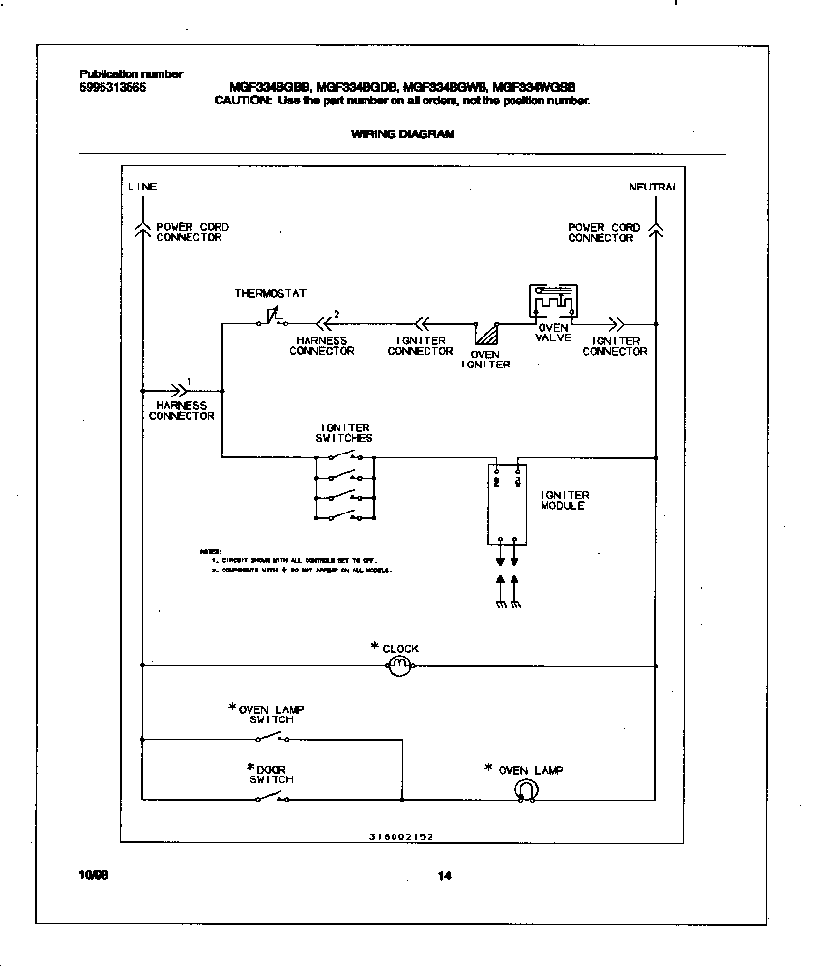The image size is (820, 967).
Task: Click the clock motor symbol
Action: [399, 665]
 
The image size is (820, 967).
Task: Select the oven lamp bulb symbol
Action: [525, 790]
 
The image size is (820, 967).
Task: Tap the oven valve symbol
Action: [551, 302]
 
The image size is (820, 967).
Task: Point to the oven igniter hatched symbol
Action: [485, 335]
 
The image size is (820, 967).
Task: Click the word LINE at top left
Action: [142, 187]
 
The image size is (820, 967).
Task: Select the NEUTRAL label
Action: [653, 187]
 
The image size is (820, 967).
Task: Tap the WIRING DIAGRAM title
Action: [402, 134]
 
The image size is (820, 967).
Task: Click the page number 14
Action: [444, 877]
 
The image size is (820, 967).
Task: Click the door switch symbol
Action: [271, 798]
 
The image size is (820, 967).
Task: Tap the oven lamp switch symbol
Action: [271, 738]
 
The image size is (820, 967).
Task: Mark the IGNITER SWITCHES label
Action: [344, 432]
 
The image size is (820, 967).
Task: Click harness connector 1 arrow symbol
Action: [177, 390]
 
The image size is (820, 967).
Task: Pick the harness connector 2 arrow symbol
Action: [326, 324]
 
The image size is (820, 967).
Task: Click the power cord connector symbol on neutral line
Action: [656, 229]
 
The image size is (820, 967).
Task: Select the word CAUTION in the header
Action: [243, 101]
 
